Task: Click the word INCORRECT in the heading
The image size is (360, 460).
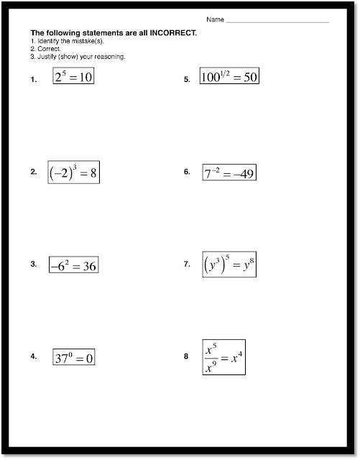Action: [170, 33]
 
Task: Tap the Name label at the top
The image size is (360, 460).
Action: [215, 19]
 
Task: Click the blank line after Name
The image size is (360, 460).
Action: [277, 22]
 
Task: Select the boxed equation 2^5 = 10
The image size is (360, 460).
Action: [73, 77]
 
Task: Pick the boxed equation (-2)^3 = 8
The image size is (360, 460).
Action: [73, 172]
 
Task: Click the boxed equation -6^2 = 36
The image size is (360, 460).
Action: [73, 266]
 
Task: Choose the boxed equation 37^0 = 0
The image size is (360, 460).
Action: [74, 357]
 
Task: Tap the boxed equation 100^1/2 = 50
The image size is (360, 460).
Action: [229, 77]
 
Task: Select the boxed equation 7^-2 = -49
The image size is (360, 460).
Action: [229, 173]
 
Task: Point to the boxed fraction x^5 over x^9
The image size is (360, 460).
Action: [223, 357]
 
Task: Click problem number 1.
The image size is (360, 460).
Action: [33, 80]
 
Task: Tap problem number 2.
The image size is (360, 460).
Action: [33, 172]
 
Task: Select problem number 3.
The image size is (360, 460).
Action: [33, 264]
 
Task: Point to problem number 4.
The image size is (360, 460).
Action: [33, 356]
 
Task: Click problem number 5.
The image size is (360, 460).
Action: [186, 80]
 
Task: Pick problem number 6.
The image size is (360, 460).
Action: [186, 172]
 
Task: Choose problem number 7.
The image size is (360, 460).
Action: [186, 264]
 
